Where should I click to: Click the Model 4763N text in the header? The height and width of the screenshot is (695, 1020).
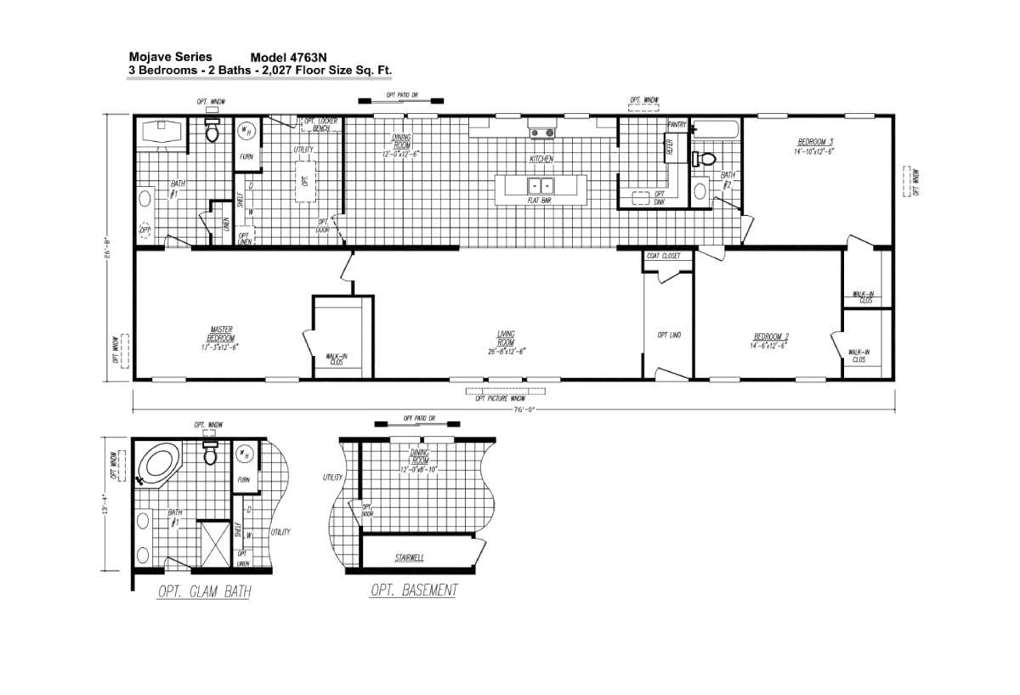coord(288,58)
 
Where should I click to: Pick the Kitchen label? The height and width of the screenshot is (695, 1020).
coord(542,159)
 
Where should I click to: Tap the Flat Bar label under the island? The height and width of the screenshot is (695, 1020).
coord(541,201)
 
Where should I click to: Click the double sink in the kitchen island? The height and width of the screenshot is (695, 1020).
coord(541,186)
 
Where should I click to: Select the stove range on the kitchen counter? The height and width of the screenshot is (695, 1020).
coord(541,132)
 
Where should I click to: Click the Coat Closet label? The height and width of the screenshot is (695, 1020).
coord(664,256)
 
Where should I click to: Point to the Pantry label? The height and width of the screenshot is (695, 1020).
coord(677,125)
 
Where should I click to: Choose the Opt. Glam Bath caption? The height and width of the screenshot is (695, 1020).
coord(204,591)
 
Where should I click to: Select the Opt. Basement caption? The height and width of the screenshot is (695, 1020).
coord(414,590)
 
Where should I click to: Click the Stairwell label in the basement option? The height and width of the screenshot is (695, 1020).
coord(409,558)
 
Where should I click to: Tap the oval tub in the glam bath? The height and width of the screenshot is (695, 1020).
coord(160,465)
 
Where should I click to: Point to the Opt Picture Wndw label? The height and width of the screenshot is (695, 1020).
coord(501,398)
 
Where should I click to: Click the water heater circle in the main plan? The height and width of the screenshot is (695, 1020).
coord(246,131)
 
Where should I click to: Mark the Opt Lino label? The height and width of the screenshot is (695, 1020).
coord(669,335)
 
